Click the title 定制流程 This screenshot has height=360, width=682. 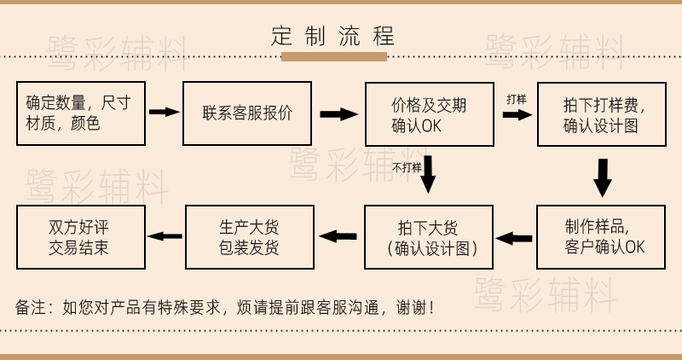(333, 37)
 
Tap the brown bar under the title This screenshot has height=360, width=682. (333, 57)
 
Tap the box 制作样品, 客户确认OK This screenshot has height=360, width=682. (600, 237)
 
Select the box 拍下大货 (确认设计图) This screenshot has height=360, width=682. (429, 237)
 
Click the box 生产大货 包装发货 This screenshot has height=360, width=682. (249, 237)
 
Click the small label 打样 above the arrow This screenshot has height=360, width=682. (516, 98)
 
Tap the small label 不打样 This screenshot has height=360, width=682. (407, 167)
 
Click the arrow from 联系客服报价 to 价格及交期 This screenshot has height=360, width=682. (337, 114)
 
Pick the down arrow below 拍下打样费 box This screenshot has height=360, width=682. (603, 177)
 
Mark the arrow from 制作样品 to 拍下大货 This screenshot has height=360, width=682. (514, 238)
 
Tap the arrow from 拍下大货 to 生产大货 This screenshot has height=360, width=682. (338, 236)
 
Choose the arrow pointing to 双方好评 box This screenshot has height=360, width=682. (165, 236)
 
